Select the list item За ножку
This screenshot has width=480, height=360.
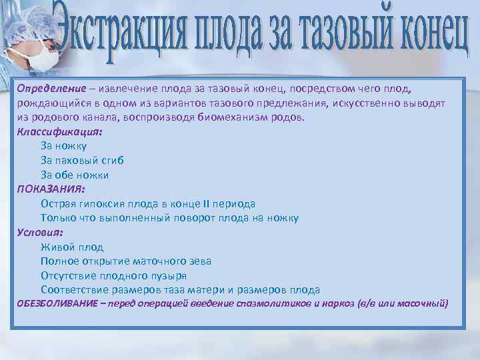click(x=63, y=146)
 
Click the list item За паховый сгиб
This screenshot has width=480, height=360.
click(x=82, y=161)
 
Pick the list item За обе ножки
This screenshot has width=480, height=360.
click(x=74, y=175)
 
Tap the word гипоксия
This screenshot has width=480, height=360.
click(x=105, y=204)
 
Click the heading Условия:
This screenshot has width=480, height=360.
click(x=39, y=233)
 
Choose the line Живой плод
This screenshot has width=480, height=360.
click(x=71, y=247)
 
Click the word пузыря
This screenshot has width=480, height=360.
click(x=169, y=275)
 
